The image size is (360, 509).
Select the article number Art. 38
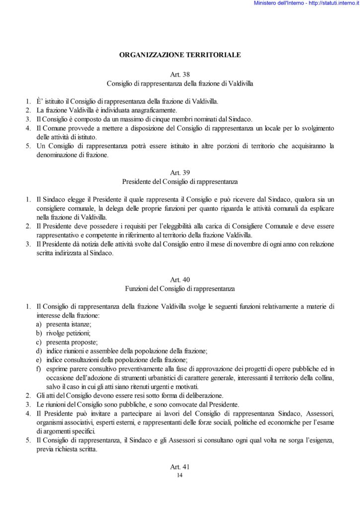180,74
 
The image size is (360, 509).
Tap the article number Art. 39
180,172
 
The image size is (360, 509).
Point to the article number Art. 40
180,280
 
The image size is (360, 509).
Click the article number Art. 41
180,467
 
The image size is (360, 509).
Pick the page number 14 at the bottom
180,476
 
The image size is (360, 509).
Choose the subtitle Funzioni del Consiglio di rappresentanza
180,288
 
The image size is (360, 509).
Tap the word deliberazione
183,395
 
